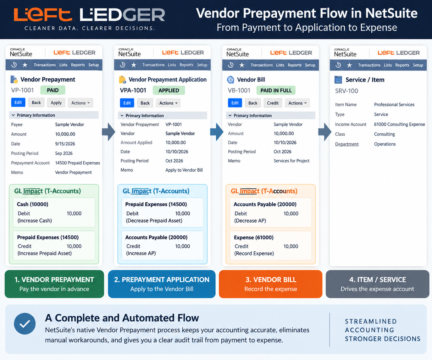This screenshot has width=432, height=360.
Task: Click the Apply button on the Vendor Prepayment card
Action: (x=56, y=102)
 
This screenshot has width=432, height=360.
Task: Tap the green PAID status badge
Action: (x=53, y=90)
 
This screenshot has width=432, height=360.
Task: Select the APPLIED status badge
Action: (x=169, y=91)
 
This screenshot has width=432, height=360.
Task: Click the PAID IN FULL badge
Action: (x=276, y=91)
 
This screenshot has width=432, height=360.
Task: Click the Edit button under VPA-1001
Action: (x=127, y=103)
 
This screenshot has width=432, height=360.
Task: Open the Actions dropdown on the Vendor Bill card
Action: (x=297, y=103)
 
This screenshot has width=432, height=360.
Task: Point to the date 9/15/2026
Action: (x=65, y=144)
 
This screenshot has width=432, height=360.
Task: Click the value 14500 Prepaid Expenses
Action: (x=77, y=163)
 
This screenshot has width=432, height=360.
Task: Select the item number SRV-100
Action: (x=346, y=91)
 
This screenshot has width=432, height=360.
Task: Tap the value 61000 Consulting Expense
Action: (x=400, y=124)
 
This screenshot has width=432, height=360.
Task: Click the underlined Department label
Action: (x=347, y=144)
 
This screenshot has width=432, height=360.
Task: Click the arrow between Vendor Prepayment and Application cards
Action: (x=108, y=132)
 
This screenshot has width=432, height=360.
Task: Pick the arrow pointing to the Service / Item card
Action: (x=324, y=132)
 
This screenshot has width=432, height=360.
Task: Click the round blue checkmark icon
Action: (x=25, y=324)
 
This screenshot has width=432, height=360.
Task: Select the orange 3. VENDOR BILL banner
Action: (x=271, y=284)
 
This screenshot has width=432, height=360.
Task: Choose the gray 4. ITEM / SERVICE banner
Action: (x=377, y=284)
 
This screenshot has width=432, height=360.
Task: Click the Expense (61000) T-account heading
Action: (x=254, y=237)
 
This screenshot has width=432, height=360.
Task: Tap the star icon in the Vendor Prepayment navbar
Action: (x=25, y=65)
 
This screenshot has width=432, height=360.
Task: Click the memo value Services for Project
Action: (x=291, y=161)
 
